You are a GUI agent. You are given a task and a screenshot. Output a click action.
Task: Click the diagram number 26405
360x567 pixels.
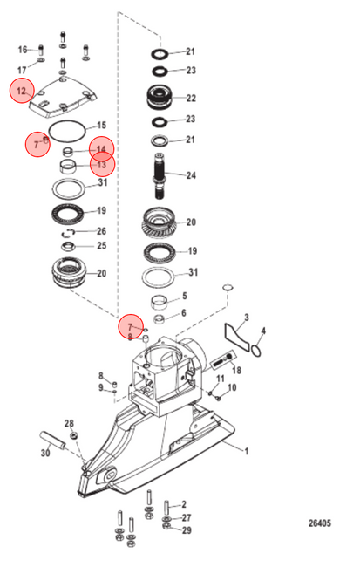point(320,523)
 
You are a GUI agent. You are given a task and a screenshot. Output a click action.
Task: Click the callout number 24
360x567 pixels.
point(191,175)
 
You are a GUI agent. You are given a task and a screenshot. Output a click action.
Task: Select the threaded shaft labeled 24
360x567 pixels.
point(160,175)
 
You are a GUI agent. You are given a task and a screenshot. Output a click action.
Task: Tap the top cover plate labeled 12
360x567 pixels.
point(64,97)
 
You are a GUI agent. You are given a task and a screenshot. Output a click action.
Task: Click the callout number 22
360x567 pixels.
point(191,98)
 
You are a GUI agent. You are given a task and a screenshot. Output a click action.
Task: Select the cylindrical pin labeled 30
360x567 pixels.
point(52,441)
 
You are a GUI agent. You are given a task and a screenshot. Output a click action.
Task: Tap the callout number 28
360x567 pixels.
point(69,423)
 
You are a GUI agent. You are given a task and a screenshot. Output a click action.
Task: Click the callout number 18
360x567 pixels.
point(236,370)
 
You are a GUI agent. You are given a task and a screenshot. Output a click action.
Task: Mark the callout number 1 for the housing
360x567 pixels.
point(247,451)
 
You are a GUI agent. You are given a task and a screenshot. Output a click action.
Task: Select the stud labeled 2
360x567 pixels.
point(166,508)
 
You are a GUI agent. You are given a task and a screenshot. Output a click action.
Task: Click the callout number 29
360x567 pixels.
point(187,530)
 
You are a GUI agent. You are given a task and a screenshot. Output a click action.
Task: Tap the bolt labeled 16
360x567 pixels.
point(41,50)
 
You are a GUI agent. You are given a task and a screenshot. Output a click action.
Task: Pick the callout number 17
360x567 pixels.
point(22,70)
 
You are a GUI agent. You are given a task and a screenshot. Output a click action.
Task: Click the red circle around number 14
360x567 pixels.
point(102,148)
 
